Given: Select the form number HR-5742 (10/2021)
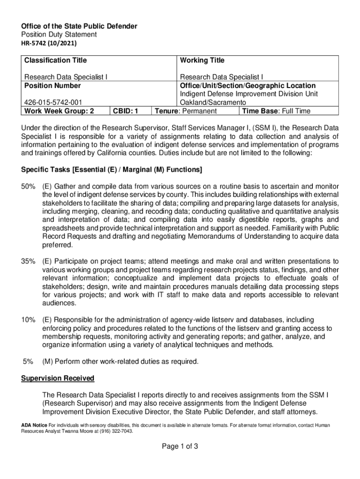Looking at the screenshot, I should pos(49,44).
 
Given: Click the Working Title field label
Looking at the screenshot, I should pos(202,60).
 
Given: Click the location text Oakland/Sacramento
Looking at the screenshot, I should pos(213,102).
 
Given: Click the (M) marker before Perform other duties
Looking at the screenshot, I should pos(48,361).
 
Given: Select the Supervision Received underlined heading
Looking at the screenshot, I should pos(58,378).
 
